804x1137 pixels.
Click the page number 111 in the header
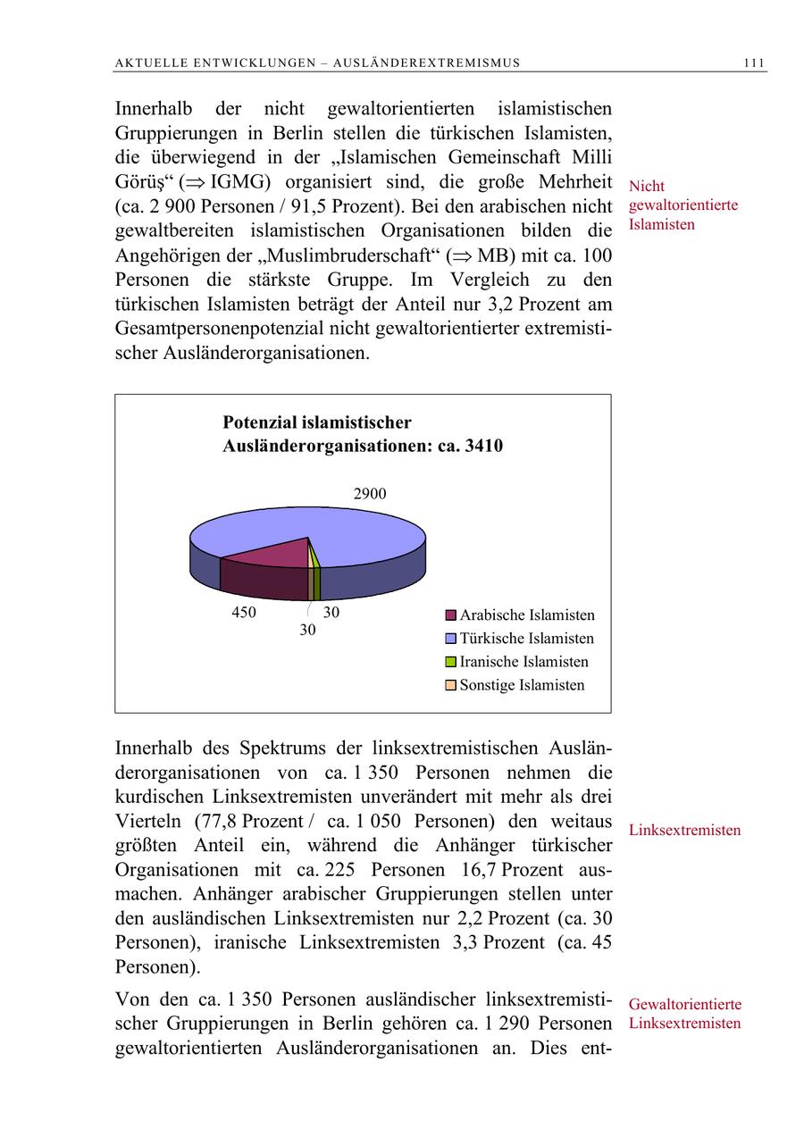point(753,63)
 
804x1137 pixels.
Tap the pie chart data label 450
point(243,613)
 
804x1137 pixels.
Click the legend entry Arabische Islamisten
point(526,615)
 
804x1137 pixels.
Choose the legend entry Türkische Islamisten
point(526,639)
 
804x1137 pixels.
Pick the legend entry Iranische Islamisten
point(523,662)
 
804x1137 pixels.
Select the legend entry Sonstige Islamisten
point(522,685)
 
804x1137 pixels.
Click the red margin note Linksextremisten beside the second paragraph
point(684,831)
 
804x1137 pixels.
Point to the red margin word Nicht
point(647,187)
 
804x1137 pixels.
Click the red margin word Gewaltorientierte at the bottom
point(684,1005)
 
